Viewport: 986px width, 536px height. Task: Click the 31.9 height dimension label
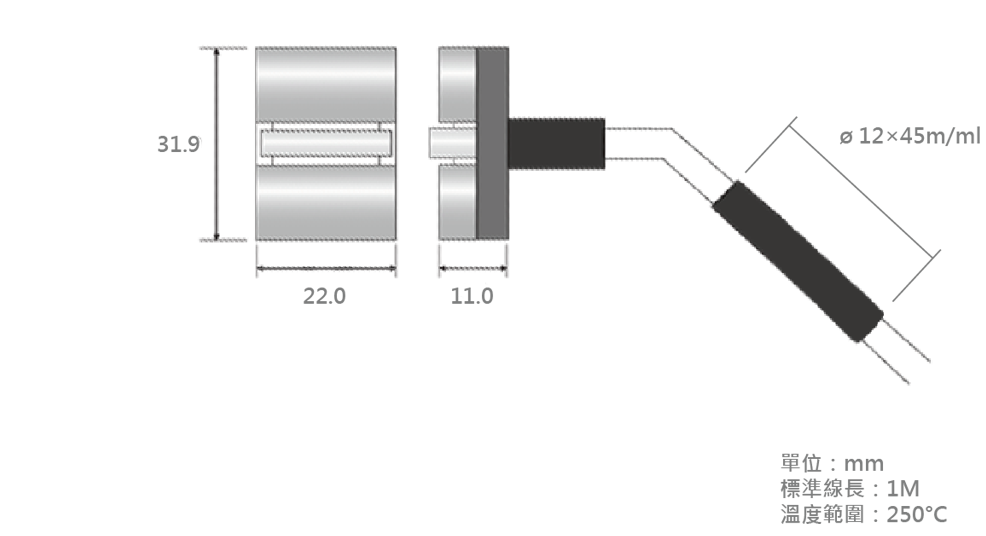click(x=178, y=144)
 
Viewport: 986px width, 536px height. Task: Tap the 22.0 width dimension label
click(x=324, y=296)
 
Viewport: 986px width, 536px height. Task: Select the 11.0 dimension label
click(x=472, y=296)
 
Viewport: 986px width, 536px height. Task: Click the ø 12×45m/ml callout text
click(x=910, y=137)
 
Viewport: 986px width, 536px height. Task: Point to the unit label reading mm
click(x=864, y=464)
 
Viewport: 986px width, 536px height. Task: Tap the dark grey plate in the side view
click(x=492, y=144)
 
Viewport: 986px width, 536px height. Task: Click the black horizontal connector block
click(x=557, y=144)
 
